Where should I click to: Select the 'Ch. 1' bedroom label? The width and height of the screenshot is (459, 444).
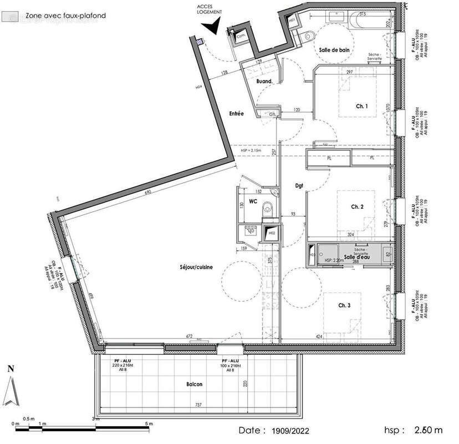pyautogui.click(x=363, y=107)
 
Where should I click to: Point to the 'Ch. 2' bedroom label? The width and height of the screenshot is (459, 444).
pyautogui.click(x=358, y=206)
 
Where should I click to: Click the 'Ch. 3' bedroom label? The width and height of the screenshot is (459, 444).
pyautogui.click(x=344, y=306)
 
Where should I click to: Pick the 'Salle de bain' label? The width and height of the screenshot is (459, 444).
pyautogui.click(x=334, y=50)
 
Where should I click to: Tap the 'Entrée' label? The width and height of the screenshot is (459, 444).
pyautogui.click(x=237, y=113)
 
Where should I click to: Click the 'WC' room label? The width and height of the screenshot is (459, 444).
pyautogui.click(x=252, y=201)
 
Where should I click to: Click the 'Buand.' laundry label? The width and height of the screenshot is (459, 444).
pyautogui.click(x=264, y=82)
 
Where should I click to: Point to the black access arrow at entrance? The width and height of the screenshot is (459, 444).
pyautogui.click(x=211, y=25)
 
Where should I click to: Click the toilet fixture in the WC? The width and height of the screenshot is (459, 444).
pyautogui.click(x=268, y=207)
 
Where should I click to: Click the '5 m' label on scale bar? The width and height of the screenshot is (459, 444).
pyautogui.click(x=148, y=424)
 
